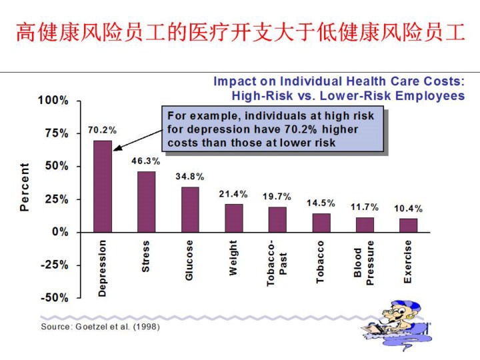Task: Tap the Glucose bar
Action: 190,209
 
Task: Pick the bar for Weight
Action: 233,218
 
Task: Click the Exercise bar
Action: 408,225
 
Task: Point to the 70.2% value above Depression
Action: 102,131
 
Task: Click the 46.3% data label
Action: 145,161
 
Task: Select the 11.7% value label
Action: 365,207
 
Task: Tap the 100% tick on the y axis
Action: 53,101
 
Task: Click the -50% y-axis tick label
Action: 53,297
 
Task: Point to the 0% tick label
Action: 60,232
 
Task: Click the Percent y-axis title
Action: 25,187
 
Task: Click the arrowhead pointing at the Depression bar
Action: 116,148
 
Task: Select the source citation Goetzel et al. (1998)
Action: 100,327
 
